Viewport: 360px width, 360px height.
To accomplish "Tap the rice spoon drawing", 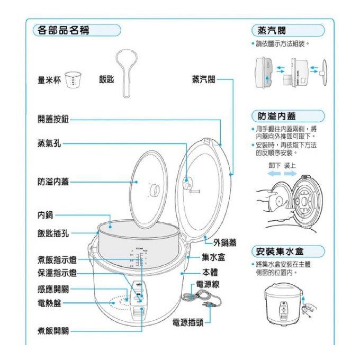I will click(x=125, y=71).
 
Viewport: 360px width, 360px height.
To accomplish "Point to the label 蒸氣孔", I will click(x=48, y=143).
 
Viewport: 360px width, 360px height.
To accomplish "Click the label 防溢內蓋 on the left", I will click(x=52, y=182).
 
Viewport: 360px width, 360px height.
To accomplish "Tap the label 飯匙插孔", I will click(x=52, y=233).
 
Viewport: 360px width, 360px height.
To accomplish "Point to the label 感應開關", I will click(x=52, y=290).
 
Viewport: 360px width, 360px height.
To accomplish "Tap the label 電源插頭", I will click(x=188, y=322).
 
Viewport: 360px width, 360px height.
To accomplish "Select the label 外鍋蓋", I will click(x=225, y=243).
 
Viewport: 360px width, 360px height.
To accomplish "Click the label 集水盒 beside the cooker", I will click(x=214, y=257).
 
